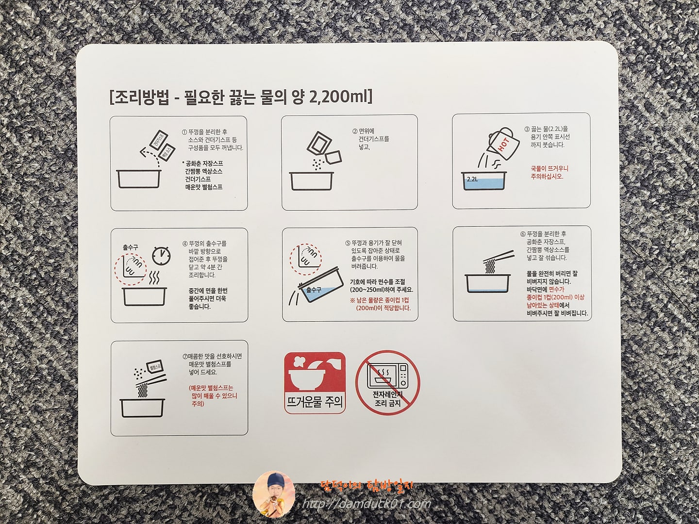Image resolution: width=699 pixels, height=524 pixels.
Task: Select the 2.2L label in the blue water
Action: pyautogui.click(x=472, y=179)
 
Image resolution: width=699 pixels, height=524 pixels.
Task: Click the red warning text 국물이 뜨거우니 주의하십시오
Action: pyautogui.click(x=549, y=172)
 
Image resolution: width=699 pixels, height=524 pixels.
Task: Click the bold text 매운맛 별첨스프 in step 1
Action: pyautogui.click(x=204, y=187)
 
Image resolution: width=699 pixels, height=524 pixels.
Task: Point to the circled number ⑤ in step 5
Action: pyautogui.click(x=348, y=243)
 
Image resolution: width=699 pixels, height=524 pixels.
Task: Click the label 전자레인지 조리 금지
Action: pyautogui.click(x=387, y=398)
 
